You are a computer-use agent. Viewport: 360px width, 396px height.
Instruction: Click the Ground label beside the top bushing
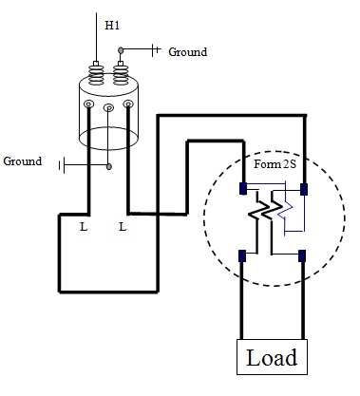[187, 52]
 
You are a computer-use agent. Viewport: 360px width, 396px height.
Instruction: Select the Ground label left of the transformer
[23, 161]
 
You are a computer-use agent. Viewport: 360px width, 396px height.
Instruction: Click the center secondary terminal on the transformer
[108, 109]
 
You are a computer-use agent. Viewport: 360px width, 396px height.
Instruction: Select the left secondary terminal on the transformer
[88, 104]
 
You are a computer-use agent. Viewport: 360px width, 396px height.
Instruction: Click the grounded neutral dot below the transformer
[108, 166]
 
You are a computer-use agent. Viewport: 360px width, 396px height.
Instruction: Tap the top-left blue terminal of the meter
[243, 187]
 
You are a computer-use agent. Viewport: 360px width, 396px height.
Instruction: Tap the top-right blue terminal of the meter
[302, 187]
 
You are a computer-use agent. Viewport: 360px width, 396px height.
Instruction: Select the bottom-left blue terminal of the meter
[243, 255]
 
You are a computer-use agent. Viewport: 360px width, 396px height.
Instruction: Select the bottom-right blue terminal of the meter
[302, 255]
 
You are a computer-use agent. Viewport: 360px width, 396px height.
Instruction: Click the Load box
[272, 358]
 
